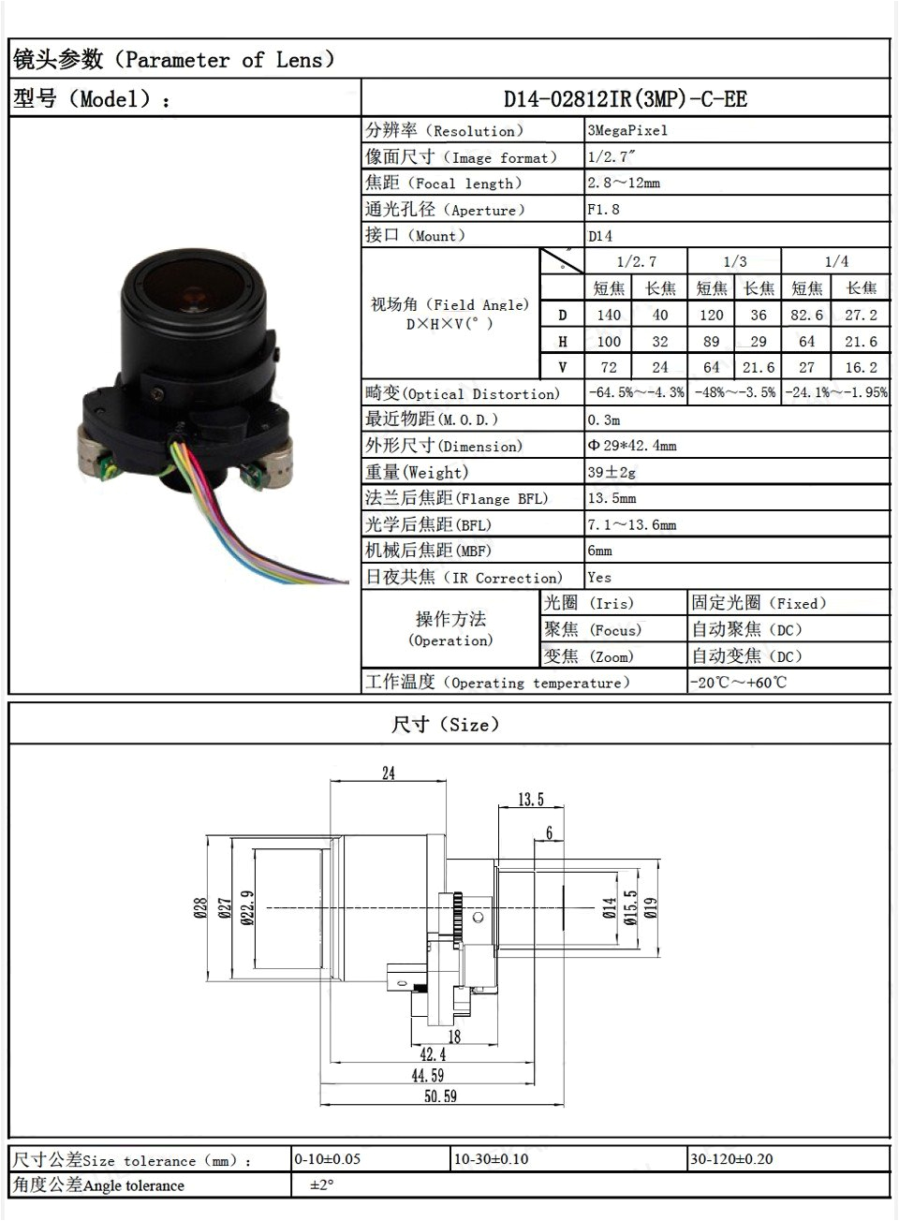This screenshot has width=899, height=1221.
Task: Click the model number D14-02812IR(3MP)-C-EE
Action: click(625, 99)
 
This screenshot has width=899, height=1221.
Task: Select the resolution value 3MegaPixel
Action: click(627, 131)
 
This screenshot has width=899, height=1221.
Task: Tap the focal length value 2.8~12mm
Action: click(624, 184)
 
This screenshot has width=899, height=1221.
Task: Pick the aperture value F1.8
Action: click(604, 210)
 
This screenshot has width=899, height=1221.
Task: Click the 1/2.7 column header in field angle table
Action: click(636, 262)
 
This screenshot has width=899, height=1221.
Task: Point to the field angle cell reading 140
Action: click(609, 316)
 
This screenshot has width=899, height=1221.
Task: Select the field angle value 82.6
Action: click(806, 316)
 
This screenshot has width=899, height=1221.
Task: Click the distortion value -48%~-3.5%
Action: click(734, 393)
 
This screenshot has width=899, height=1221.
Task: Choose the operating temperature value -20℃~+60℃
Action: click(739, 682)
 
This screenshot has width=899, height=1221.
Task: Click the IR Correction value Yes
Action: click(599, 577)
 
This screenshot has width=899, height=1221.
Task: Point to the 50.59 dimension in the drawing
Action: click(440, 1096)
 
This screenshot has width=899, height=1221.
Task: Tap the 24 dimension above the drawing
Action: click(388, 773)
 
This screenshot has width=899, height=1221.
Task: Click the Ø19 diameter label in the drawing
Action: click(652, 907)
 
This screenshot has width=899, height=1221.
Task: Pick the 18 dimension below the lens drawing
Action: click(454, 1037)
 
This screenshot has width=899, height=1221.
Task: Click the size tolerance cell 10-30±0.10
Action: click(492, 1159)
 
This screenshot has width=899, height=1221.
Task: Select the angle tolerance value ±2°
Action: click(322, 1185)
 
